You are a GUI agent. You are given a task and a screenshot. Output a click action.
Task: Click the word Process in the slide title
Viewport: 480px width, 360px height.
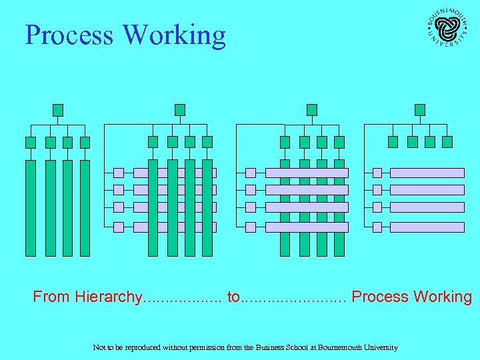[69, 35]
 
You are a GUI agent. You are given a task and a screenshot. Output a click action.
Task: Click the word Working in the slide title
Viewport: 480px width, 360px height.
[175, 36]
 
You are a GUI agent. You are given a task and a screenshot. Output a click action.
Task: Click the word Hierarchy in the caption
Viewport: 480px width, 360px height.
[109, 297]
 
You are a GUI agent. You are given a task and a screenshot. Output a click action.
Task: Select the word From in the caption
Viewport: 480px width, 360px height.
[52, 297]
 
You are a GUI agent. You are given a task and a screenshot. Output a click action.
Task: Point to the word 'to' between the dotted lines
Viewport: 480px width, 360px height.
[233, 297]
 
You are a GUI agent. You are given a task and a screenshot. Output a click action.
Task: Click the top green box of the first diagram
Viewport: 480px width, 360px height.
[58, 109]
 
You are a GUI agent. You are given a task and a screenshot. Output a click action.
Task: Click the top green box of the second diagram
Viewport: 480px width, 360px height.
[179, 109]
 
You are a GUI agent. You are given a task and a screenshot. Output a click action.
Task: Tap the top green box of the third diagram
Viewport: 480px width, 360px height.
[311, 109]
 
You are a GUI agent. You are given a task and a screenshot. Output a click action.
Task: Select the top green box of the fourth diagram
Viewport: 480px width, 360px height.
[419, 109]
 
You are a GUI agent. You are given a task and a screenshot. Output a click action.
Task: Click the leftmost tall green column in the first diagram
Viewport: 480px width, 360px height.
[31, 208]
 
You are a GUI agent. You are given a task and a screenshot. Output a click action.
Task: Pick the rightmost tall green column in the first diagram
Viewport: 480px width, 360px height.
[85, 208]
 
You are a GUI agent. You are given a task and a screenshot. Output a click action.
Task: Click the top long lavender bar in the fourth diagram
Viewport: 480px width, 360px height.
[427, 173]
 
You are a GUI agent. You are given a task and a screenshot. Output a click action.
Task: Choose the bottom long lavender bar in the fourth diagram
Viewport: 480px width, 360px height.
[427, 227]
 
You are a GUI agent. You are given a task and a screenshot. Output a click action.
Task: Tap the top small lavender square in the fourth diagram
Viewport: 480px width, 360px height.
[377, 173]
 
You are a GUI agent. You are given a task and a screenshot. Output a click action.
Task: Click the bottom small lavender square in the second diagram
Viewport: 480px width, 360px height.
[119, 227]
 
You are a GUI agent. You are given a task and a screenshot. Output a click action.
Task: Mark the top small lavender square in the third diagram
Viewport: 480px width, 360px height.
[251, 173]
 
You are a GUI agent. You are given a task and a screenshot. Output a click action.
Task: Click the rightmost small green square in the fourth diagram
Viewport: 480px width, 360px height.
[447, 141]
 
